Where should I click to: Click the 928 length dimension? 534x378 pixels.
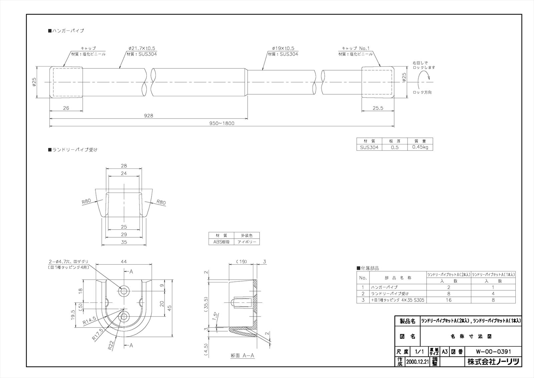[149, 116]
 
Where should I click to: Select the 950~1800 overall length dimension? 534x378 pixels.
[222, 123]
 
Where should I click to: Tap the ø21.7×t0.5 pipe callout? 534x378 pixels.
[142, 48]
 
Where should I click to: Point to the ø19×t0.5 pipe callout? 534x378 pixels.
[283, 48]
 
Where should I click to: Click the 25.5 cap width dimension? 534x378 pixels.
[378, 108]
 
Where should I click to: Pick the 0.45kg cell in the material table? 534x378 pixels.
[420, 147]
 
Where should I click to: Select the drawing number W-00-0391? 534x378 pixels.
[493, 352]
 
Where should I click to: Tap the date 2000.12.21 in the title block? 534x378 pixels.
[417, 362]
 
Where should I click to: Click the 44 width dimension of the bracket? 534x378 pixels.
[124, 262]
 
